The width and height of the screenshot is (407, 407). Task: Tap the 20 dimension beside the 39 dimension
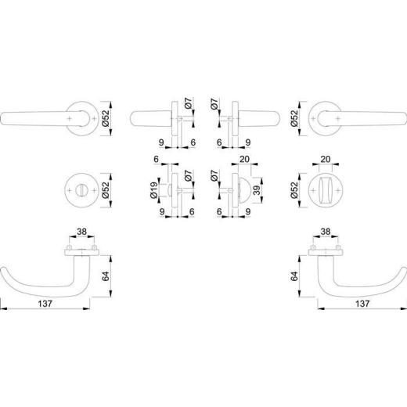coord(244,160)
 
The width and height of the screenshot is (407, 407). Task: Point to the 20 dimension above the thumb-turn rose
coord(326,160)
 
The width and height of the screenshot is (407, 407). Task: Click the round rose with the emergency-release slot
coord(83,190)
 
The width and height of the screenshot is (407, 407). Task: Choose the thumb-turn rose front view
coord(326,190)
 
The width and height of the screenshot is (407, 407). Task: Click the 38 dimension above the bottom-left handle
coord(81,232)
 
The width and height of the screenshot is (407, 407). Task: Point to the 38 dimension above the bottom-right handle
coord(326,232)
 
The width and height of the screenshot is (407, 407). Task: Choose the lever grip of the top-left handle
coord(31,117)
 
